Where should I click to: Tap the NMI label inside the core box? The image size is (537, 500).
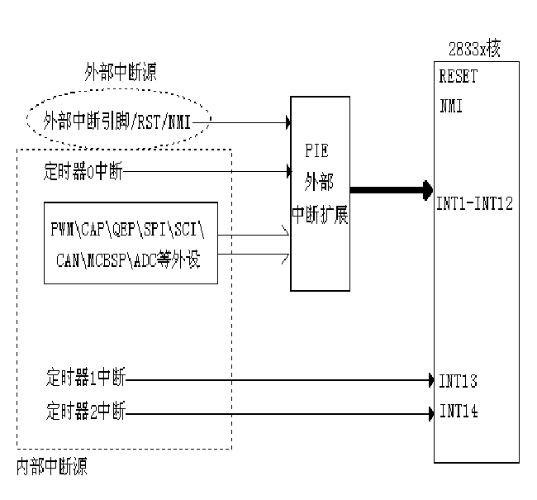(451, 105)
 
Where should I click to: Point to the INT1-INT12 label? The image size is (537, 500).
(475, 203)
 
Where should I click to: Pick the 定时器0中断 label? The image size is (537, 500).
(83, 173)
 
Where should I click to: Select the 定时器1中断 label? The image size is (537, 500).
(83, 381)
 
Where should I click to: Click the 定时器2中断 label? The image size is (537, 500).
(83, 411)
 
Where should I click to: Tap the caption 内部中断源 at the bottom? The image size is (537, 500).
(51, 467)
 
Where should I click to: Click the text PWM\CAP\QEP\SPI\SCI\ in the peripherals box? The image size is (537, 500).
(131, 226)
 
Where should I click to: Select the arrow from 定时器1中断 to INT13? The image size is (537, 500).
(281, 381)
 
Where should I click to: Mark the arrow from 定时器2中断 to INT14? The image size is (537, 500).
(281, 411)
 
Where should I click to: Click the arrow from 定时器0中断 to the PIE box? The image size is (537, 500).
(207, 173)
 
